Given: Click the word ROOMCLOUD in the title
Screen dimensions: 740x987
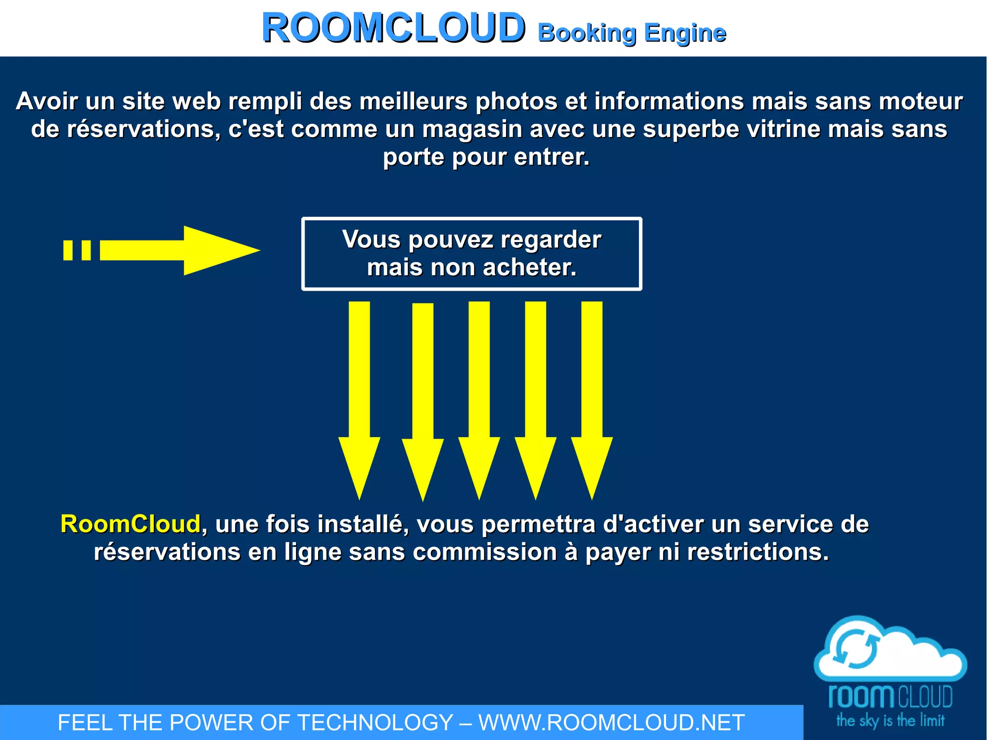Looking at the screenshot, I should (x=393, y=28).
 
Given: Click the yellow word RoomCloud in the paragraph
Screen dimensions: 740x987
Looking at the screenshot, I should (x=130, y=524).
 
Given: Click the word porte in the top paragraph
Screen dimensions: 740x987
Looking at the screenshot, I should (x=413, y=157).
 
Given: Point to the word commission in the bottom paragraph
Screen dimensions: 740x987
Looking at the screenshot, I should (x=485, y=552).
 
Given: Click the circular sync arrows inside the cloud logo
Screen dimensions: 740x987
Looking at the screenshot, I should (x=856, y=648).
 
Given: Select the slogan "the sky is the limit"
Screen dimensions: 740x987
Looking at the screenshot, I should (x=890, y=721).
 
